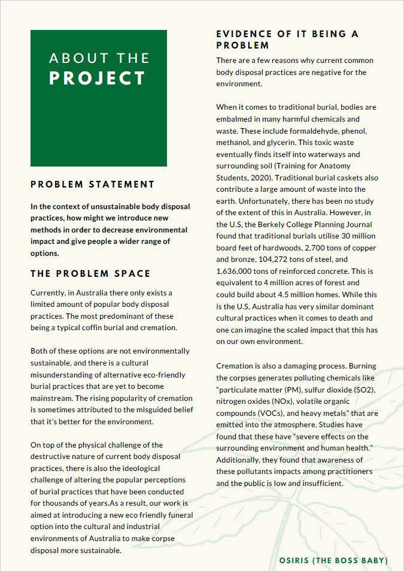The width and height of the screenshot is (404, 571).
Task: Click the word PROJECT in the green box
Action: click(98, 78)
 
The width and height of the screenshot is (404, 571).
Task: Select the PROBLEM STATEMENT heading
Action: click(93, 184)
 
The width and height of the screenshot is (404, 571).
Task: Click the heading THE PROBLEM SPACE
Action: click(90, 274)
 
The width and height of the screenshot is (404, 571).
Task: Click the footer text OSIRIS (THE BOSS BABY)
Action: click(333, 560)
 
